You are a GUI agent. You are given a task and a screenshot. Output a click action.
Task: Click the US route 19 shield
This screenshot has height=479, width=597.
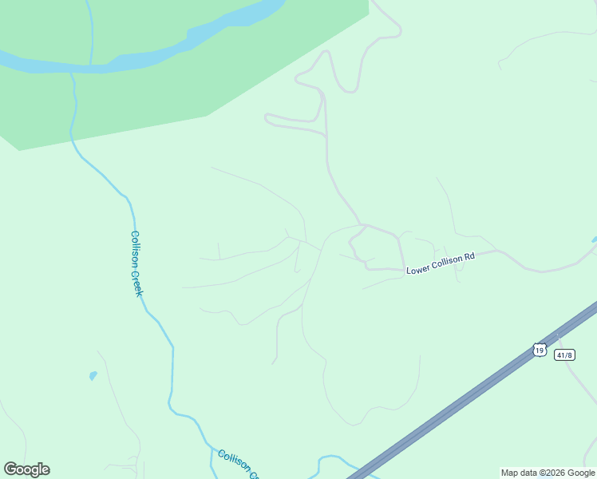[x=540, y=350]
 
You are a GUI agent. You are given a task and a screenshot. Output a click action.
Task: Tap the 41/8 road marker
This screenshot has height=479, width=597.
[x=564, y=354]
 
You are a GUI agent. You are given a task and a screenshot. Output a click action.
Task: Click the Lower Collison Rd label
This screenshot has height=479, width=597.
[x=441, y=263]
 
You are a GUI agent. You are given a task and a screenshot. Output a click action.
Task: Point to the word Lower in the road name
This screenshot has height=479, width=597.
[x=417, y=269]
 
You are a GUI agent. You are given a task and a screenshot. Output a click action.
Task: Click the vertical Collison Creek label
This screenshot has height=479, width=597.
[x=136, y=263]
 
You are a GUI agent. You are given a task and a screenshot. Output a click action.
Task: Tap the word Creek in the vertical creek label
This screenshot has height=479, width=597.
[x=138, y=282]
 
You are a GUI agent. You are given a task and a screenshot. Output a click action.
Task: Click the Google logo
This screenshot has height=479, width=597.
[x=26, y=469]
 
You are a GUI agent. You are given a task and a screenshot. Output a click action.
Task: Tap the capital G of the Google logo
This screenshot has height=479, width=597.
[x=11, y=469]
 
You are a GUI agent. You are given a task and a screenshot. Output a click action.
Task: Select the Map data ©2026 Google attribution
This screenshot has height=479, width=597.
[x=547, y=473]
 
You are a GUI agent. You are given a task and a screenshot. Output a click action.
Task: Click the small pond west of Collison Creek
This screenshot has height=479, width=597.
[x=93, y=374]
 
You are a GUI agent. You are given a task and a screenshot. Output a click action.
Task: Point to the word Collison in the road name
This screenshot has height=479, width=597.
[x=445, y=263]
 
